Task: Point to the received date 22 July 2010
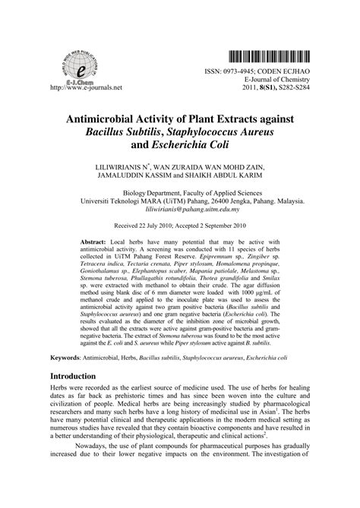pyautogui.click(x=156, y=226)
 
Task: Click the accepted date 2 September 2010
pyautogui.click(x=232, y=226)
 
